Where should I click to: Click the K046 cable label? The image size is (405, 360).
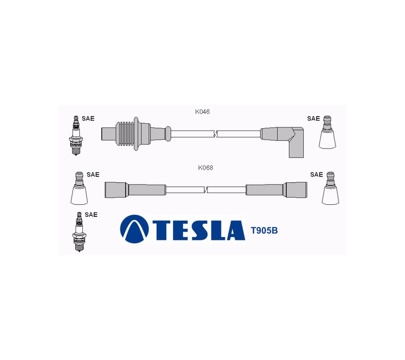click(x=202, y=112)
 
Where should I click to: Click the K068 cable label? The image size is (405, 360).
click(x=206, y=167)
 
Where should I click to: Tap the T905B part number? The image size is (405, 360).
click(x=264, y=230)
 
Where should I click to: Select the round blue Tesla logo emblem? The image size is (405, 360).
click(x=134, y=229)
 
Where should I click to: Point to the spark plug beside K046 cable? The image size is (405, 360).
click(x=76, y=135)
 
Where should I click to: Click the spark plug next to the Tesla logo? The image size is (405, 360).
click(x=79, y=232)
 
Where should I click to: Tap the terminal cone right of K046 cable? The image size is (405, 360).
click(x=327, y=132)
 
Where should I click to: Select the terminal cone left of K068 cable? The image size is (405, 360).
click(x=79, y=188)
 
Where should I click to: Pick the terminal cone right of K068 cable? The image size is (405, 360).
click(x=330, y=188)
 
